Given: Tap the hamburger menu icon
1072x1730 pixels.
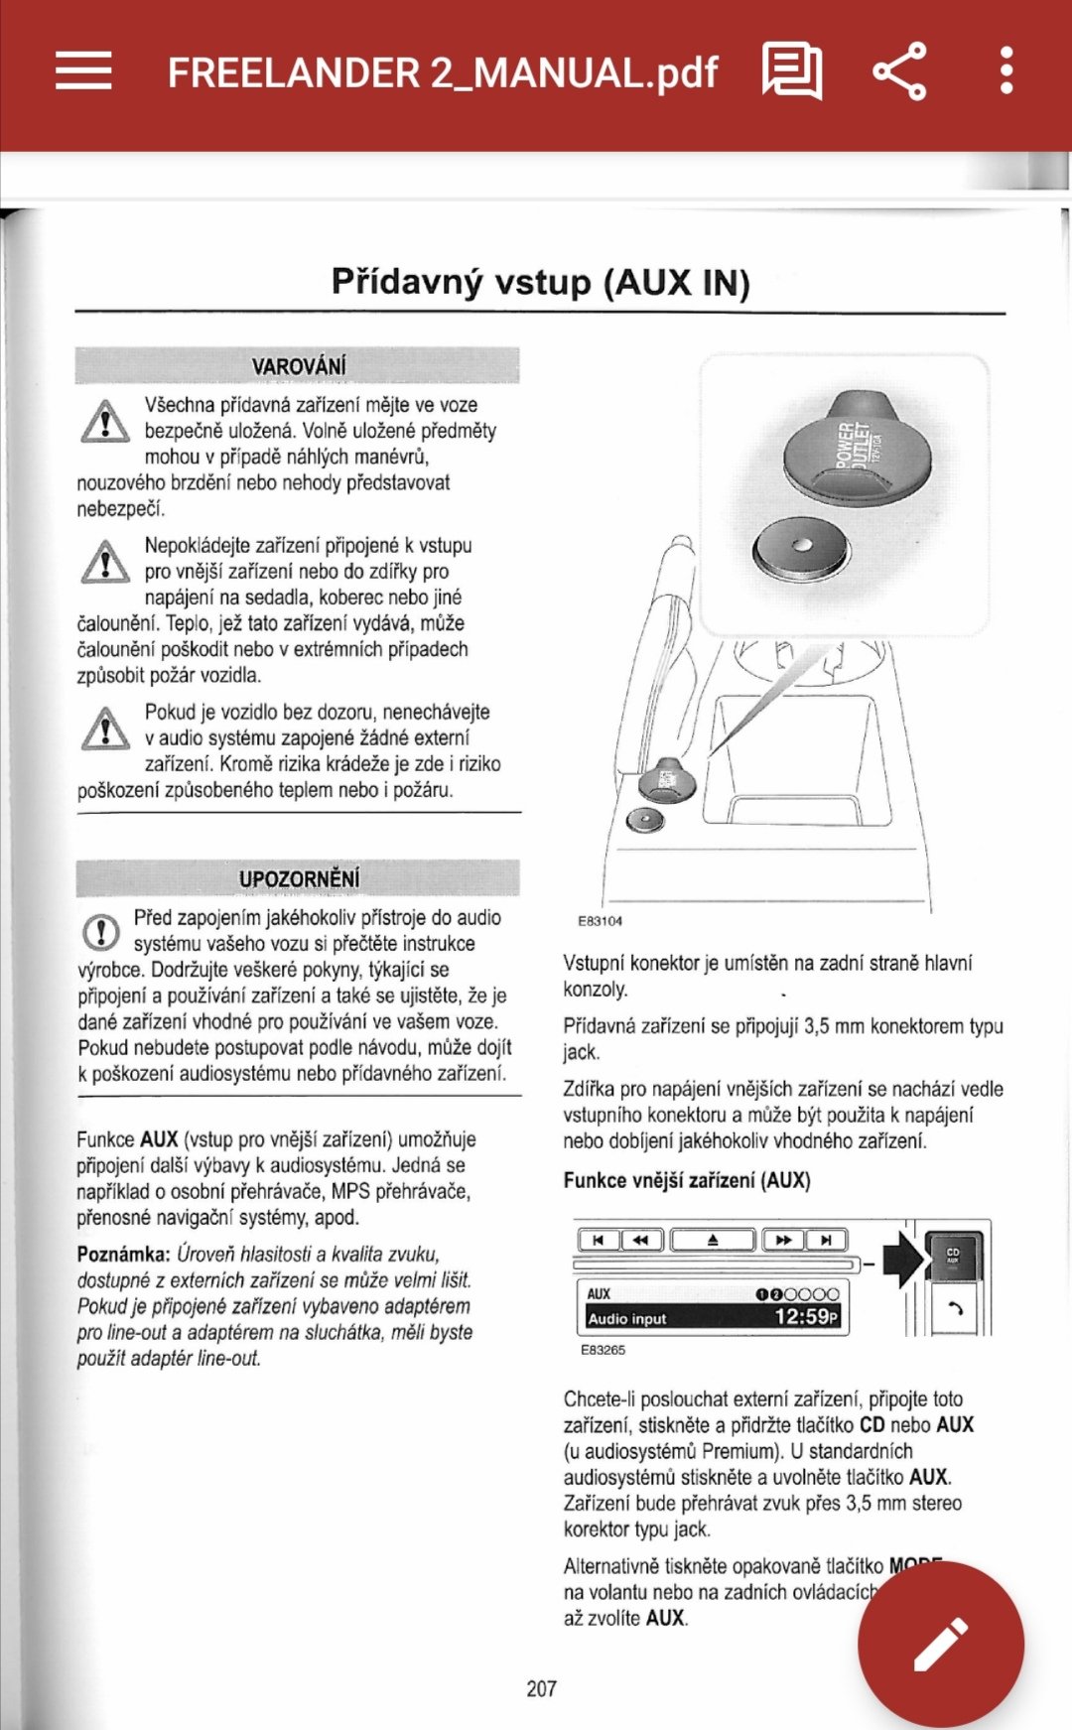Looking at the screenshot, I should pos(83,71).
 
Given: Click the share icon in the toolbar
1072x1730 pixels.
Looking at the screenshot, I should pos(899,71).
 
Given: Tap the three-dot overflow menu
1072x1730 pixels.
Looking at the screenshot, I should pos(1006,71).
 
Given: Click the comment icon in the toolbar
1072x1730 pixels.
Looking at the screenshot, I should pos(791,71).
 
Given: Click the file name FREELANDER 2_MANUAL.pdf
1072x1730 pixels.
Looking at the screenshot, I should pos(442,73).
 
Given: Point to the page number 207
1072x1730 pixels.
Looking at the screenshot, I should pos(541,1688).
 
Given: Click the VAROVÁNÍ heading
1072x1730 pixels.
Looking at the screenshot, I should pos(299,366).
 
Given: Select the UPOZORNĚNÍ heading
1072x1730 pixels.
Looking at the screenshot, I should pos(299,878).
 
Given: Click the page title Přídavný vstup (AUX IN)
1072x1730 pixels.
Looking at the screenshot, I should pos(540,282).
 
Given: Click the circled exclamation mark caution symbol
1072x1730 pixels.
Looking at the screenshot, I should pos(100,932).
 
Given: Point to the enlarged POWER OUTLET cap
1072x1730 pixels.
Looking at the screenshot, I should pos(857,447).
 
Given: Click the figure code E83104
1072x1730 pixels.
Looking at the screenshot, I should pos(601,921).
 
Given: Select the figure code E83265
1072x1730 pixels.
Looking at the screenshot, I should pos(603,1350).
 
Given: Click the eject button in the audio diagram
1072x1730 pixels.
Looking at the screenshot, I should pos(713,1240).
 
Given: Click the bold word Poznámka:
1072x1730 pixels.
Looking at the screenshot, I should pos(124,1255).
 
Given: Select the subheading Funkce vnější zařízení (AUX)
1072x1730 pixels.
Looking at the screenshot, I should pos(687,1180).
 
